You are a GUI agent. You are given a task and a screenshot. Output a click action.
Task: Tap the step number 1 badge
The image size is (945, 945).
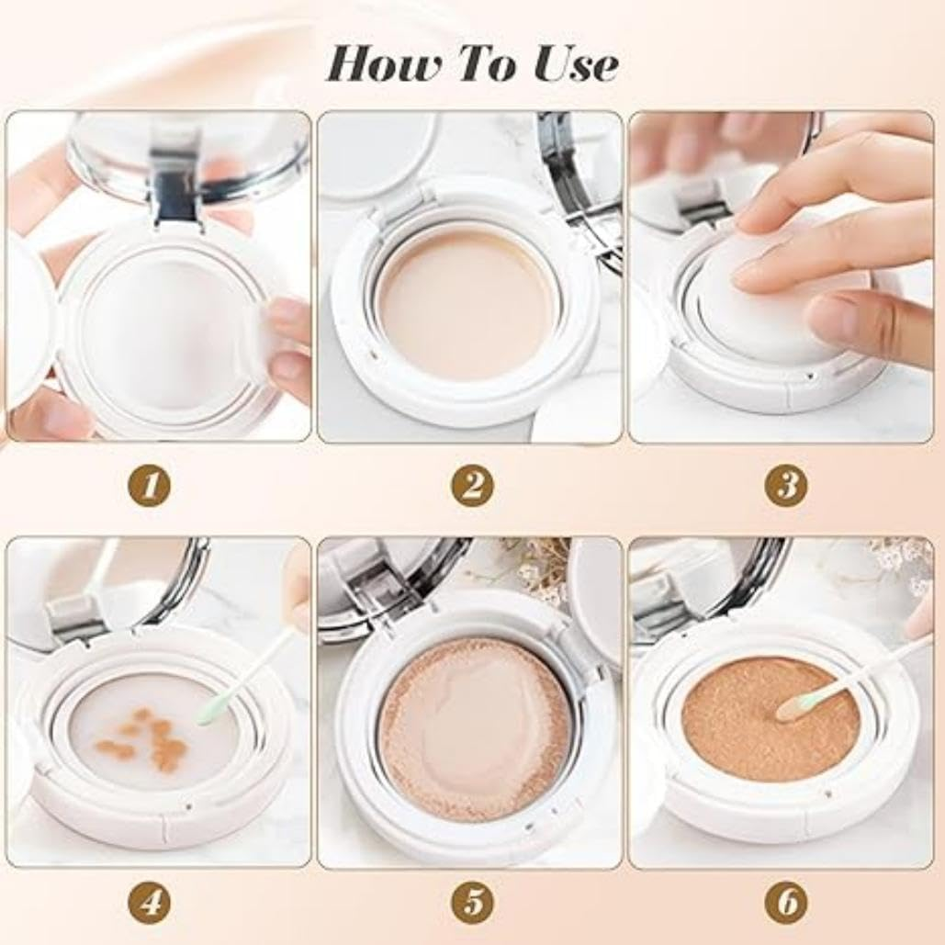click(150, 485)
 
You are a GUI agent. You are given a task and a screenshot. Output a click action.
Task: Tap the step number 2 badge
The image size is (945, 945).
click(471, 485)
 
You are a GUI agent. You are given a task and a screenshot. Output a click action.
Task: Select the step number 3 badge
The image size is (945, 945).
click(786, 485)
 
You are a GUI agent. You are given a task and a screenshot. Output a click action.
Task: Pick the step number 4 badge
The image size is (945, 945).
click(150, 903)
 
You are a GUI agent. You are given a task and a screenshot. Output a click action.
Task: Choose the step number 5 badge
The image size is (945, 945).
click(471, 903)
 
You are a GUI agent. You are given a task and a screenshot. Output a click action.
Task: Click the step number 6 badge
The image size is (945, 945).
click(786, 903)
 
